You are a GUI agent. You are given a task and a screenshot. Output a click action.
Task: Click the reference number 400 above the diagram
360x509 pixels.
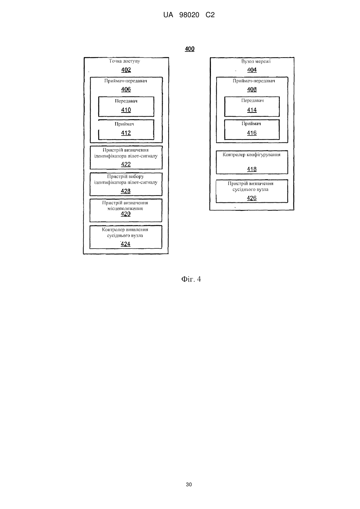point(190,49)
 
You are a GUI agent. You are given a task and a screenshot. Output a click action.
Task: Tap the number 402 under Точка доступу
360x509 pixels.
point(126,70)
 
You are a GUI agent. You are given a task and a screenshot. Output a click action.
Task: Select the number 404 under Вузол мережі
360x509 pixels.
point(252,70)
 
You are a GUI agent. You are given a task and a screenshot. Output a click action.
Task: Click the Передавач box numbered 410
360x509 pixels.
point(126,107)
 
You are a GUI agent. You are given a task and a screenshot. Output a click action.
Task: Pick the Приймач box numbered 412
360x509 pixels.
point(126,130)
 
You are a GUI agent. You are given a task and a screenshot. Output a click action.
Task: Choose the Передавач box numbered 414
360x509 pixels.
point(252,107)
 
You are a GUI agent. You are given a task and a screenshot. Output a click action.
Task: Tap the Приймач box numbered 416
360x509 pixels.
point(252,130)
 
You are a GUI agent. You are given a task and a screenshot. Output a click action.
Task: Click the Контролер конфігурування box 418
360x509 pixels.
point(252,162)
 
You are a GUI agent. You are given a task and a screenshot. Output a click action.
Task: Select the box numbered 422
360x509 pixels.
point(126,158)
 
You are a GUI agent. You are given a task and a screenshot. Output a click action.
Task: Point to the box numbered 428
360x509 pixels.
point(126,184)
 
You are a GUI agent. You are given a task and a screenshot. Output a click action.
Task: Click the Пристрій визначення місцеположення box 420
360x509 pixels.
point(126,210)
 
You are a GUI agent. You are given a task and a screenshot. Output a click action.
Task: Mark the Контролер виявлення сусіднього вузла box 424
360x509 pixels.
point(126,237)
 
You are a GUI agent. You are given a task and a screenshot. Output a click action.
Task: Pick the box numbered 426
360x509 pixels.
point(252,191)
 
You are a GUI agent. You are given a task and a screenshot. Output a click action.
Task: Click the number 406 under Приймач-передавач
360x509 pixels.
point(126,90)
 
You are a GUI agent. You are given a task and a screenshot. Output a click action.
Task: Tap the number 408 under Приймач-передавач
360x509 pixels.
point(252,90)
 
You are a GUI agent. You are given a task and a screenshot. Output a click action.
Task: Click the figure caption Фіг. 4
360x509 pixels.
point(191,279)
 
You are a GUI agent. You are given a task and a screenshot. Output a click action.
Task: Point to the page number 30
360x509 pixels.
point(189,485)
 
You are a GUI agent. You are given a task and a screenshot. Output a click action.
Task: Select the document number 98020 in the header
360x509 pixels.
point(189,15)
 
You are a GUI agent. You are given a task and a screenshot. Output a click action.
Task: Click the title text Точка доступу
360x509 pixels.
point(125,61)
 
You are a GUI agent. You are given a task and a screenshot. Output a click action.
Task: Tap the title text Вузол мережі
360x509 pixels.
point(256,61)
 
